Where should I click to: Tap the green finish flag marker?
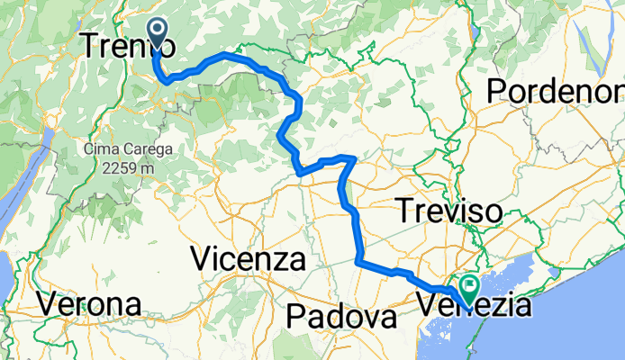[468, 291]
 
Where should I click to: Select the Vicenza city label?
[249, 260]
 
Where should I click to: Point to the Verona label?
[89, 304]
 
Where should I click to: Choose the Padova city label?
[342, 317]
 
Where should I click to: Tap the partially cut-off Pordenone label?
[555, 90]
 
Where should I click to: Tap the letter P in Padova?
[296, 317]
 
